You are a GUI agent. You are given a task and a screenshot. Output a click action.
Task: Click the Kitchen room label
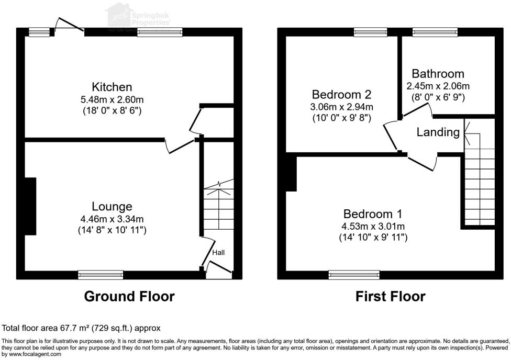(112, 87)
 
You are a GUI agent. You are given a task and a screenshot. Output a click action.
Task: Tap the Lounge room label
(112, 206)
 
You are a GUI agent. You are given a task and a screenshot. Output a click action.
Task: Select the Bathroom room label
(438, 74)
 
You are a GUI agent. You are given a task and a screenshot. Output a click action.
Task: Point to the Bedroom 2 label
(341, 95)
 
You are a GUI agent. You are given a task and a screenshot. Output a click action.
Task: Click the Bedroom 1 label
(372, 214)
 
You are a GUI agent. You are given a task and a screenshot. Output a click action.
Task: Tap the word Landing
(438, 132)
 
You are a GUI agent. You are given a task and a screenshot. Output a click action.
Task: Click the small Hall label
(218, 253)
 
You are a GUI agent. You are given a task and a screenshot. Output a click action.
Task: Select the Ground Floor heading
(129, 297)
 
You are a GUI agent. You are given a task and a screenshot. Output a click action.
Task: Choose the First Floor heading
(390, 297)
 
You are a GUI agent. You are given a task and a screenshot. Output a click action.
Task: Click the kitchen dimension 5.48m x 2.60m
(112, 99)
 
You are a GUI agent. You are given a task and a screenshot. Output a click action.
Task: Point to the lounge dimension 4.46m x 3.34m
(112, 219)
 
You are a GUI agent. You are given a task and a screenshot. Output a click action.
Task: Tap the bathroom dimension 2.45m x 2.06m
(438, 86)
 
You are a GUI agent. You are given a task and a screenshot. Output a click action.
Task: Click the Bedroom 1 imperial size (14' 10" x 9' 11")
(372, 238)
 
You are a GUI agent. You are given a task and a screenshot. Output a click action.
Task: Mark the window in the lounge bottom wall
(101, 274)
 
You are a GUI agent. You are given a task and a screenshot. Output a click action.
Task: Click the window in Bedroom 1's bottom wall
(354, 274)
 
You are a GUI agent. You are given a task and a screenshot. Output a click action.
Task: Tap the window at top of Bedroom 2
(370, 32)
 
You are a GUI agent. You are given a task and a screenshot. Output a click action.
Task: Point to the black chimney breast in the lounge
(30, 206)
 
